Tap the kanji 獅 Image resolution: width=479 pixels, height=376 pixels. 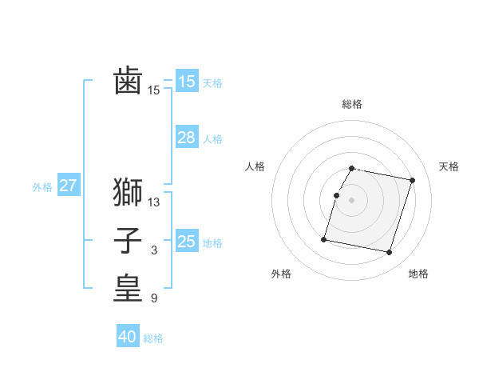(128, 193)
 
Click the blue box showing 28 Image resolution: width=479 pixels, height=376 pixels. (186, 138)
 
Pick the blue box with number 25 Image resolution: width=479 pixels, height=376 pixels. (186, 242)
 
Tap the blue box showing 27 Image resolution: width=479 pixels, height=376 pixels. (68, 186)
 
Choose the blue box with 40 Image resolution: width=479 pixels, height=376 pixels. (128, 337)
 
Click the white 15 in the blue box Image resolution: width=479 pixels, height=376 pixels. (186, 82)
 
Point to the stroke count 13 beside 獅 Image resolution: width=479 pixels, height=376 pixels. (154, 202)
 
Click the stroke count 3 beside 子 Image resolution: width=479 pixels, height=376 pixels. (154, 250)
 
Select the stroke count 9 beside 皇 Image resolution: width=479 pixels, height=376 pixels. (154, 299)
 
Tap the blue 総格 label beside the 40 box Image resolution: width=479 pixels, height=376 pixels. (153, 338)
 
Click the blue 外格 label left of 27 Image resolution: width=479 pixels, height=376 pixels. (42, 187)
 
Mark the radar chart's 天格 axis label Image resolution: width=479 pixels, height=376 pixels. (449, 166)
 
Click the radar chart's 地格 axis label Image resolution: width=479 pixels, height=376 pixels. (418, 274)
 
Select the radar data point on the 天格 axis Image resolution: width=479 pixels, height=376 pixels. (413, 180)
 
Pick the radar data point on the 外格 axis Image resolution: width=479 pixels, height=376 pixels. (324, 238)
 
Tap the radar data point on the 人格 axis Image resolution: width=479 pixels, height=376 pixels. (336, 195)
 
